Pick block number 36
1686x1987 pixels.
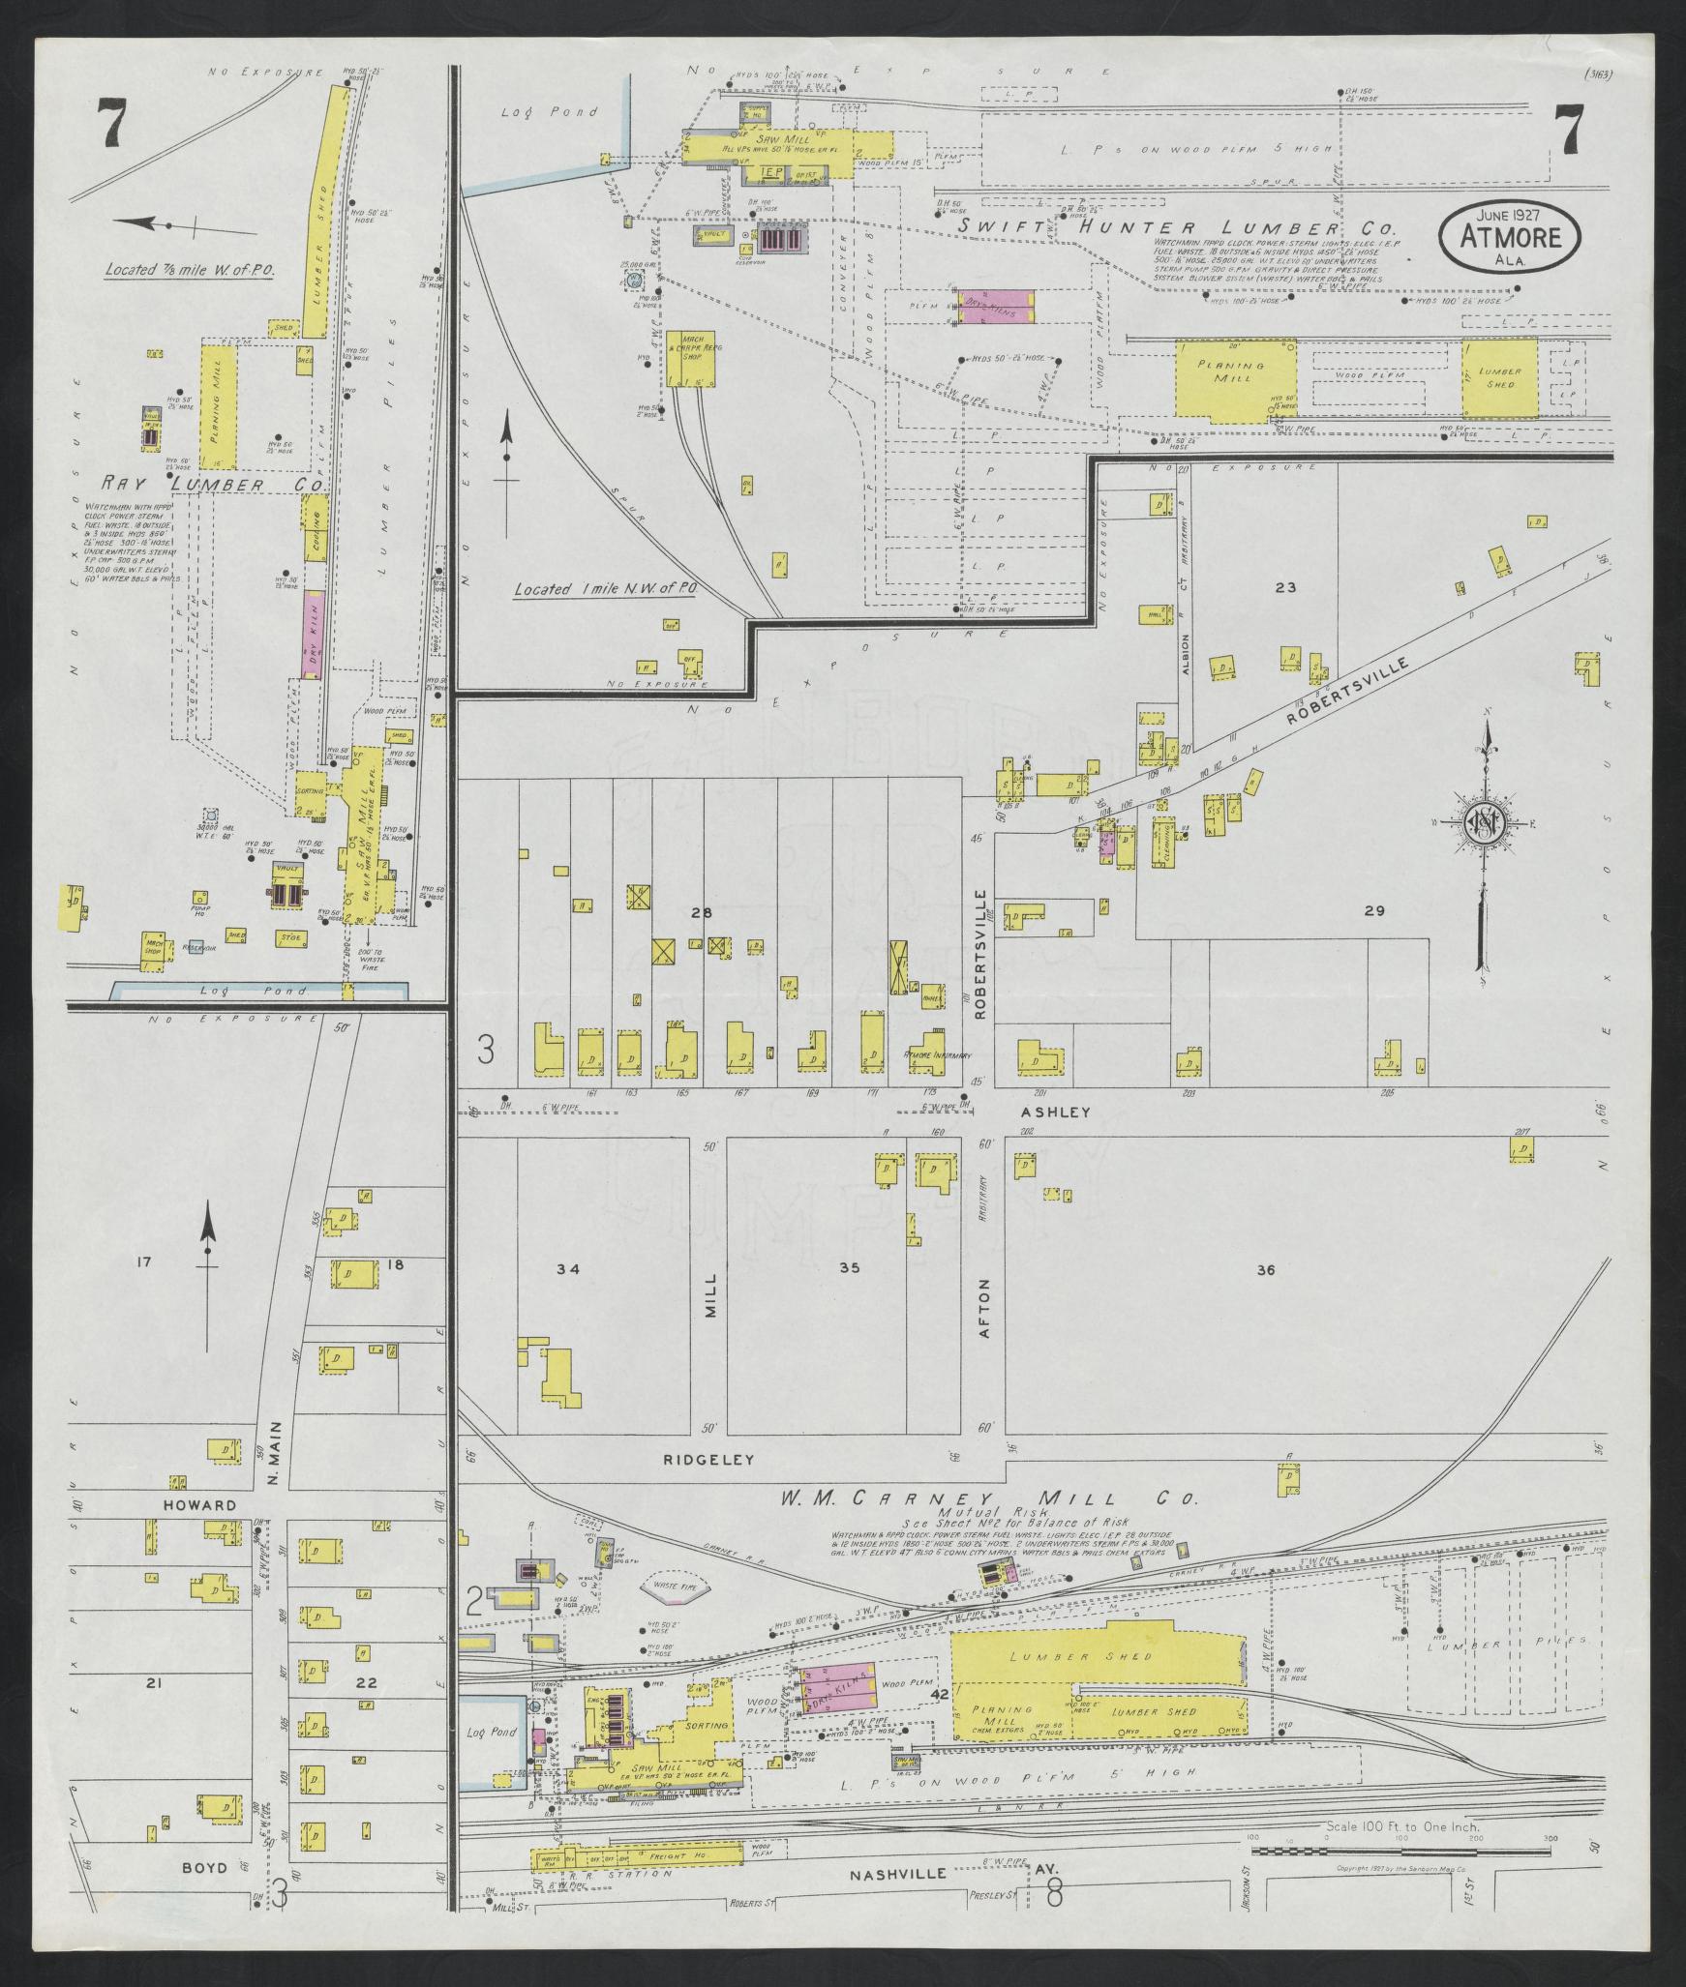click(x=1265, y=1270)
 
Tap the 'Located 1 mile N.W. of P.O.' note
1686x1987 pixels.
click(x=605, y=588)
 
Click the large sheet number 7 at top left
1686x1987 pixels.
click(x=113, y=126)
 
